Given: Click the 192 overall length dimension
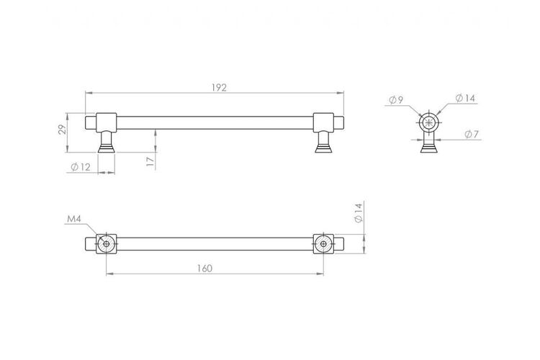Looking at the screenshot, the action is point(219,88).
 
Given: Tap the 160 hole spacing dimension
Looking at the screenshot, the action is point(204,269).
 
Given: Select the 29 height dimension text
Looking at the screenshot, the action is point(62,129).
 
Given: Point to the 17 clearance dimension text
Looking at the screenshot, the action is point(150,161).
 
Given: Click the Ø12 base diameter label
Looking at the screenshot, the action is point(81,167).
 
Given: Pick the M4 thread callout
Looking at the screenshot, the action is point(73,219).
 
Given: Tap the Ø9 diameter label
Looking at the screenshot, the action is point(396,100).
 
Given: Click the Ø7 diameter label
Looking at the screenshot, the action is point(472,135).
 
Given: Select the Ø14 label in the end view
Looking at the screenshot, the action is point(465,98).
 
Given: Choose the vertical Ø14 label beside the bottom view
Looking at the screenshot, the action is point(359,213).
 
